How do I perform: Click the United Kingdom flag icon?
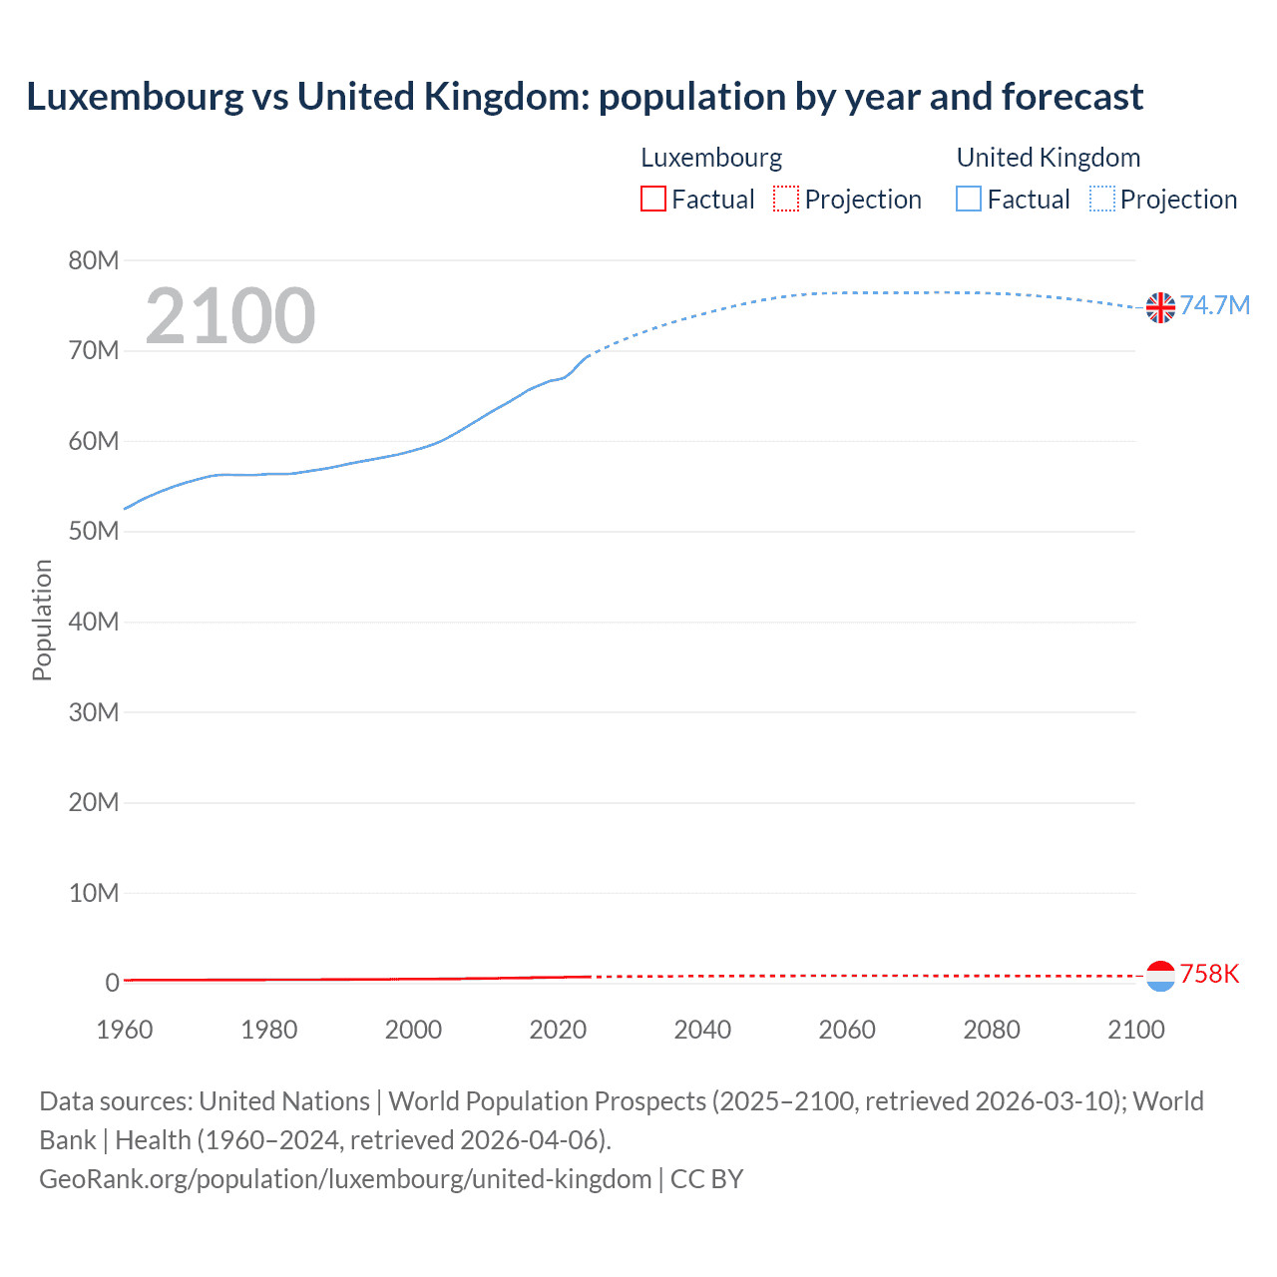(1160, 307)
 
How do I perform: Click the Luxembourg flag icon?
(1160, 976)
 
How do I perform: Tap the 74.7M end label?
(1214, 305)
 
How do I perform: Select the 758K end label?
(1209, 974)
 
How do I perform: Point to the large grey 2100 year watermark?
(230, 316)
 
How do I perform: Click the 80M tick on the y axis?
(94, 260)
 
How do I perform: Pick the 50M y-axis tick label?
(94, 531)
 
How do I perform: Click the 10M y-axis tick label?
(94, 892)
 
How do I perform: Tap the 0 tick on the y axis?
(112, 983)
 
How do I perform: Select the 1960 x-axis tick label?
(125, 1030)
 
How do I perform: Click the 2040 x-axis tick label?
(702, 1030)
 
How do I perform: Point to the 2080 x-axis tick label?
(992, 1030)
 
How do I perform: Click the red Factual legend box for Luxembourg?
(653, 199)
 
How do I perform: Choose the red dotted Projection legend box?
(786, 199)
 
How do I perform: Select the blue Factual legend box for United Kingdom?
(969, 199)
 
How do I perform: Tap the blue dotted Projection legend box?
(1102, 199)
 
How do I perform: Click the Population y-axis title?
(42, 620)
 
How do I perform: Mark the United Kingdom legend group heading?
(1048, 158)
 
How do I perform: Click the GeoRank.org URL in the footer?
(345, 1178)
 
